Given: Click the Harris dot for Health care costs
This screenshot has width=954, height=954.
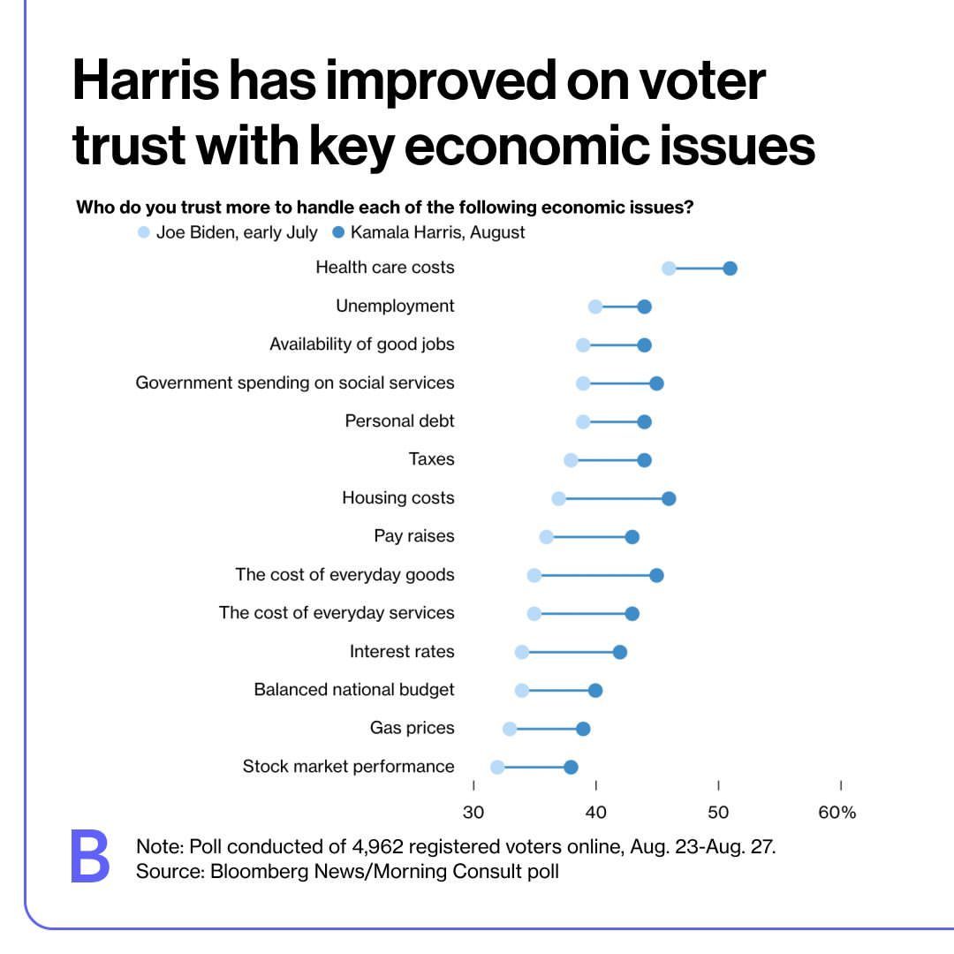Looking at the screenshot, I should (730, 269).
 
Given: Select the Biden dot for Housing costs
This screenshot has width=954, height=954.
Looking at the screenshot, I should (558, 499).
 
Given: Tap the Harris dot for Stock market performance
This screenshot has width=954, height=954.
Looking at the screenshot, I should (571, 767).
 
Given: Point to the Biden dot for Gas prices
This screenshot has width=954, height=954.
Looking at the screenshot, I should (510, 729).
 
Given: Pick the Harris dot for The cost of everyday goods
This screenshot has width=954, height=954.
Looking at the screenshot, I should (656, 575).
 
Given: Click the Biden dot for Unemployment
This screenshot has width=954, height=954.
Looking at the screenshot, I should (595, 307).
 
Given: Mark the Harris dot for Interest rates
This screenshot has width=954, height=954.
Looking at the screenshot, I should (620, 652).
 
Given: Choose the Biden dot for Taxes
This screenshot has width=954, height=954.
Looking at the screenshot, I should (571, 460).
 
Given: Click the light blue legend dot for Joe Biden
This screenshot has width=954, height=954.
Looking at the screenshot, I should (144, 233).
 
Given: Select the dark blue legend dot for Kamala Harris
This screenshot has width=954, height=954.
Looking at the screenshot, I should (338, 233).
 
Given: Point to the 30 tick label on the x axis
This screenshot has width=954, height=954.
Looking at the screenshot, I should (473, 813).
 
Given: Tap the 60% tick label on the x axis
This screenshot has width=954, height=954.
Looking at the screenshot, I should (837, 813).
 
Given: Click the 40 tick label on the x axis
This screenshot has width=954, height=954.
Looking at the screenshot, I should (595, 813).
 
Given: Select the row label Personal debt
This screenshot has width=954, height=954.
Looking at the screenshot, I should (399, 421).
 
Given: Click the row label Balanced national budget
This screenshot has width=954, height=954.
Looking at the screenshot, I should (354, 690).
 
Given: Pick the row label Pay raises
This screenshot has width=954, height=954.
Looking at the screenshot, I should (414, 536).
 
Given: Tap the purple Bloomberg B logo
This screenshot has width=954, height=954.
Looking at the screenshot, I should (90, 857).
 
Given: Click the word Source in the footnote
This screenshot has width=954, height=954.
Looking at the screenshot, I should (165, 872).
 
